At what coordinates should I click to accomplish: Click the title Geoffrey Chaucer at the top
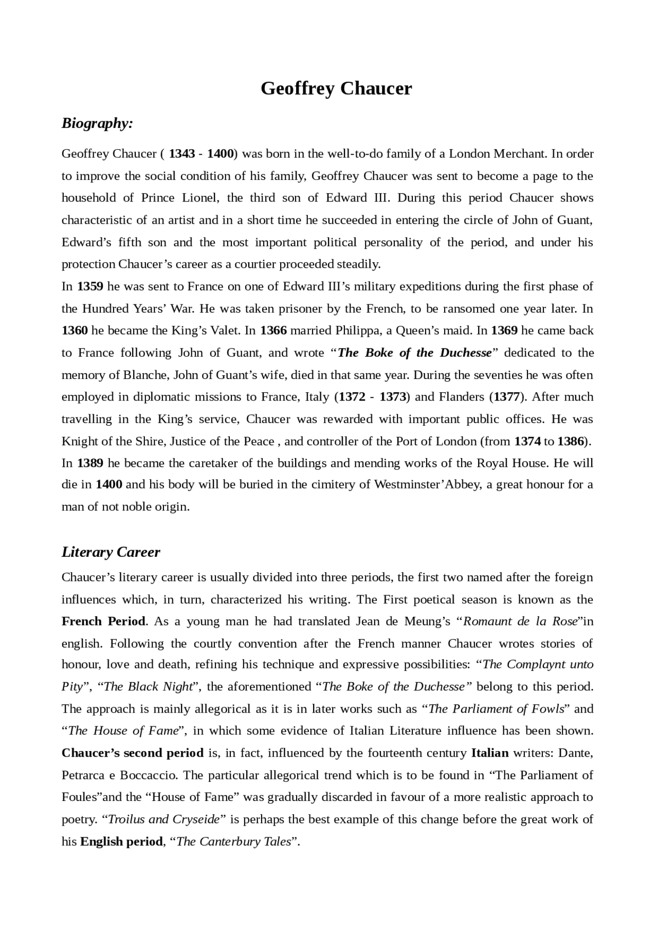coord(336,88)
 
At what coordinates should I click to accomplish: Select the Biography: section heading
coord(97,123)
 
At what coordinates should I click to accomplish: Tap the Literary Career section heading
coord(111,552)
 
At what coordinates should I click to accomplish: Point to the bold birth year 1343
coord(182,154)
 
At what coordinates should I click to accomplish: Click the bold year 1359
coord(90,286)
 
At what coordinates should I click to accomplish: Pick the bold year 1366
coord(273,331)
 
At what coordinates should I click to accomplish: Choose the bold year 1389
coord(90,463)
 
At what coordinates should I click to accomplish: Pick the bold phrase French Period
coord(103,622)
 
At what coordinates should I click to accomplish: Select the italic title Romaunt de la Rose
coord(521,622)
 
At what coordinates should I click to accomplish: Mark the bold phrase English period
coord(121,842)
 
